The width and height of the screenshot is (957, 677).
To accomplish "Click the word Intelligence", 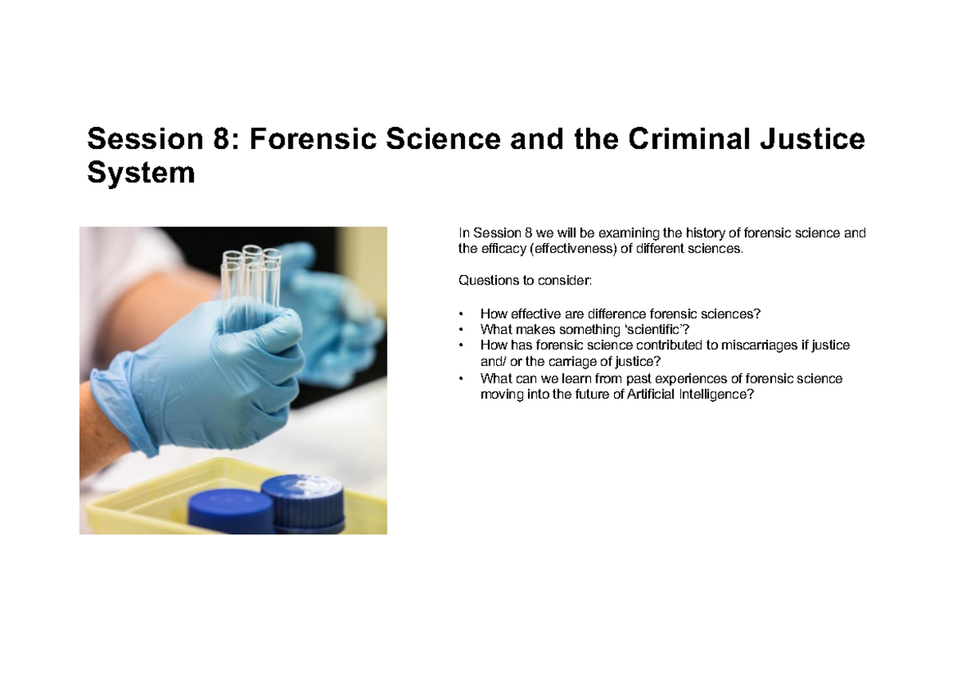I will tap(715, 394).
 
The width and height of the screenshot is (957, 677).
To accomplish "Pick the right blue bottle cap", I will tap(304, 494).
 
